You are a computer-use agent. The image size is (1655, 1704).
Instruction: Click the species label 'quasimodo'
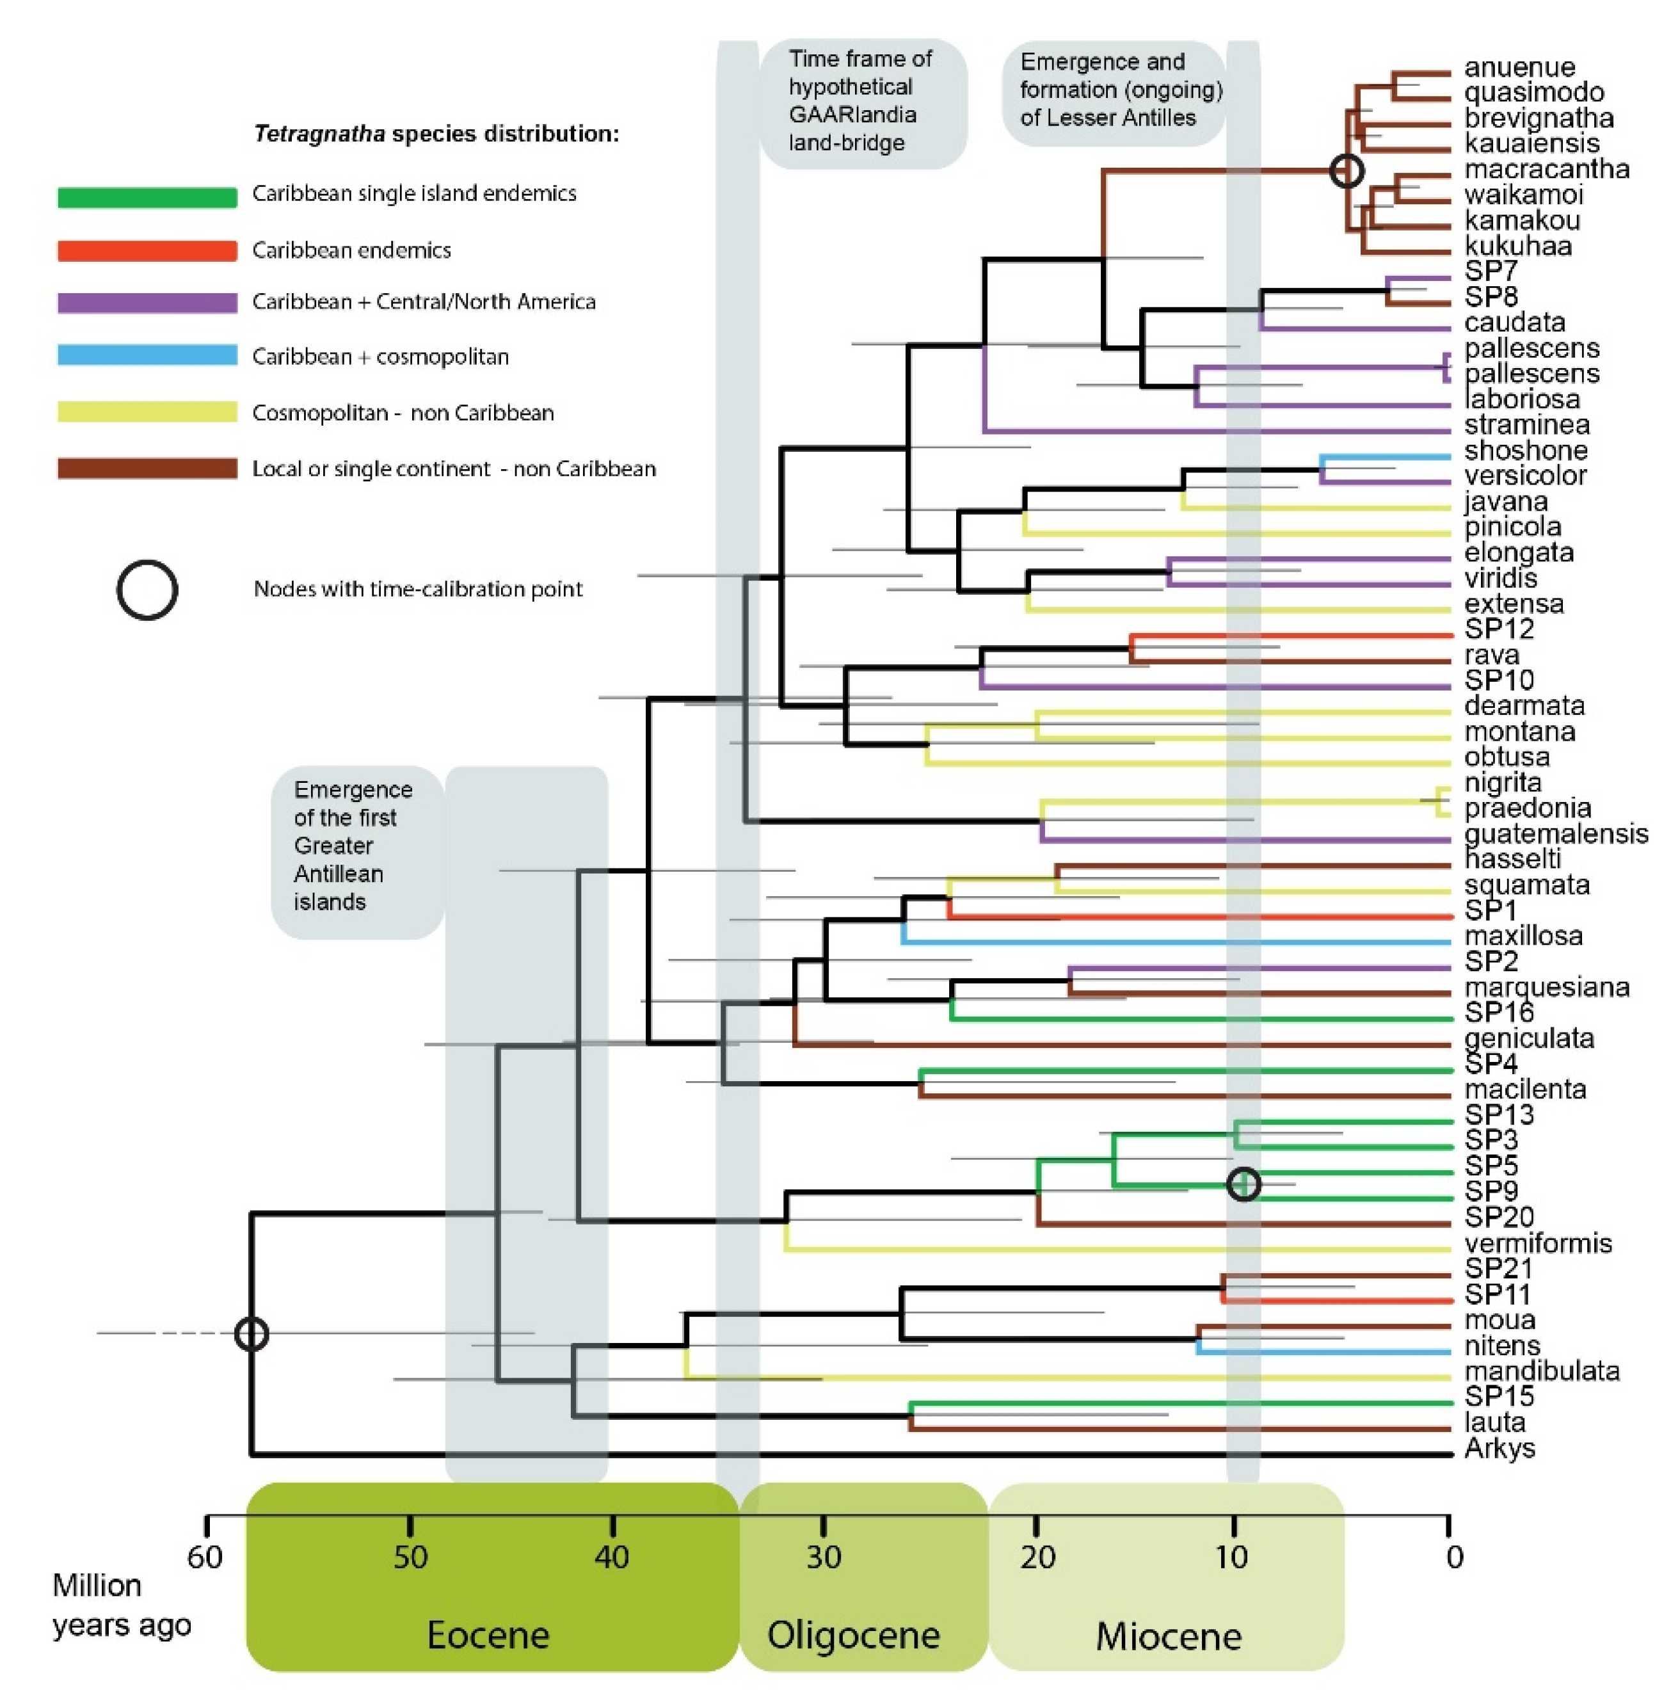(1533, 92)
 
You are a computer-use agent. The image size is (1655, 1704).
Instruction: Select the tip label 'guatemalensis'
(1556, 833)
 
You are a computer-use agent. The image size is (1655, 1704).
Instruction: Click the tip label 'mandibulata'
(1542, 1371)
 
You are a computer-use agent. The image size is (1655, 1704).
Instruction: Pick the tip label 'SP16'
(1499, 1012)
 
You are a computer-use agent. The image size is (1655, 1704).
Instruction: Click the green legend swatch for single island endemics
(147, 197)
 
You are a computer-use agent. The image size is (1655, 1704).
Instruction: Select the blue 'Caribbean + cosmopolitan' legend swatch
(147, 355)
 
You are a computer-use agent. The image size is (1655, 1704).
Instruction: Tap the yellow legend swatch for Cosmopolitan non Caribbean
(147, 411)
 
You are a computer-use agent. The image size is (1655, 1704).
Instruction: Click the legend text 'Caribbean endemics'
(351, 250)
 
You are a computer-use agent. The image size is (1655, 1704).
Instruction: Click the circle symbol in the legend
(147, 590)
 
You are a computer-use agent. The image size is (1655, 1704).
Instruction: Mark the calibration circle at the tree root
(252, 1333)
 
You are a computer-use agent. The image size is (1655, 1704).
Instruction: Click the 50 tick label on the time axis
(410, 1556)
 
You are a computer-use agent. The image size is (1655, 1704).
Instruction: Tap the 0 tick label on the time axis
(1454, 1556)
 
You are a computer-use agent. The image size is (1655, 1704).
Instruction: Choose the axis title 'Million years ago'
(121, 1605)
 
